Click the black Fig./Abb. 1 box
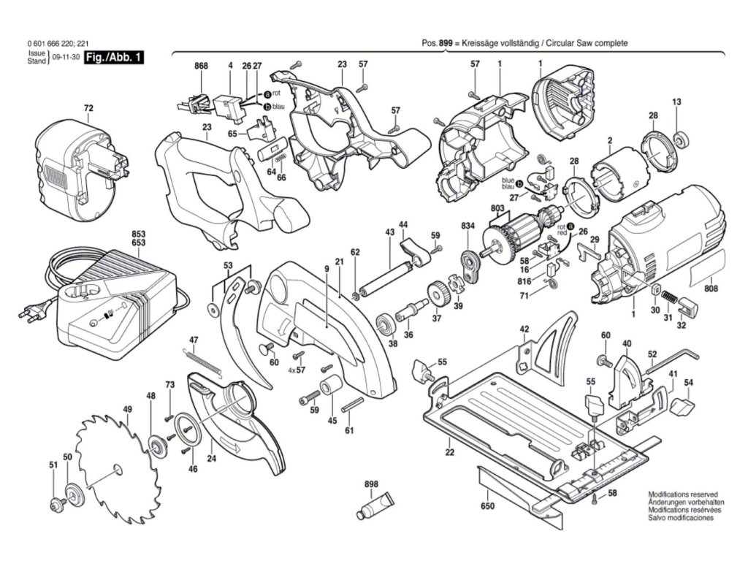[x=113, y=58]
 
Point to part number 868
[x=202, y=66]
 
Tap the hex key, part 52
[x=673, y=359]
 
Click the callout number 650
[x=487, y=506]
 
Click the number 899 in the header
[x=445, y=43]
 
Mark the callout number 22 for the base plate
[x=450, y=452]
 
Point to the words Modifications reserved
[x=683, y=495]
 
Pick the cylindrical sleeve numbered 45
[x=329, y=386]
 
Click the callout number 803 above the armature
[x=497, y=208]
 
